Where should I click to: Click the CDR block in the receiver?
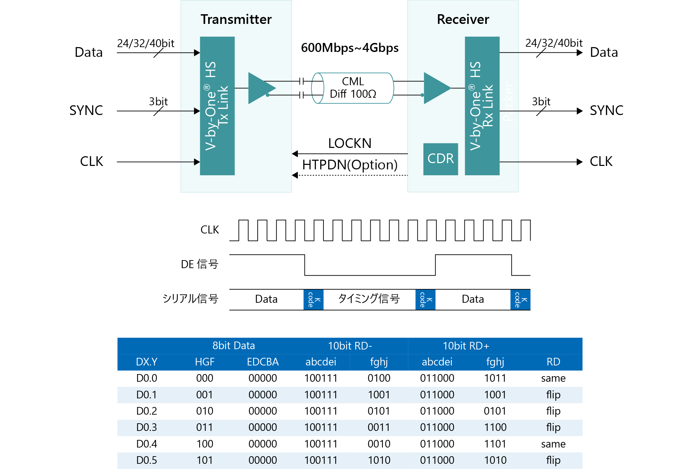point(440,159)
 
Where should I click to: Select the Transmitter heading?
point(236,19)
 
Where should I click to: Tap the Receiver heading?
point(463,19)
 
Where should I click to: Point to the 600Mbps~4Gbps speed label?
point(349,48)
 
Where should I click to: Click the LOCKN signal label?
point(349,143)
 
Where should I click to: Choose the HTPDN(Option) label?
point(349,165)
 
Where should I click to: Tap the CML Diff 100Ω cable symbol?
point(353,88)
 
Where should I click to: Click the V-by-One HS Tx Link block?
point(217,106)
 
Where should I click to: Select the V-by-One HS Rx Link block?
point(482,106)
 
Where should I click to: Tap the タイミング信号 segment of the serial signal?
point(369,299)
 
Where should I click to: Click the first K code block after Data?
point(313,300)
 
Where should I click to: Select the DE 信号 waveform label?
point(199,264)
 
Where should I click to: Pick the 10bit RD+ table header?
point(466,346)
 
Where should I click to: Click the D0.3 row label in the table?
point(146,427)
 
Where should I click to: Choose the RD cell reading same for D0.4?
point(553,444)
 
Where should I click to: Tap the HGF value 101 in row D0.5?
point(204,460)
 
